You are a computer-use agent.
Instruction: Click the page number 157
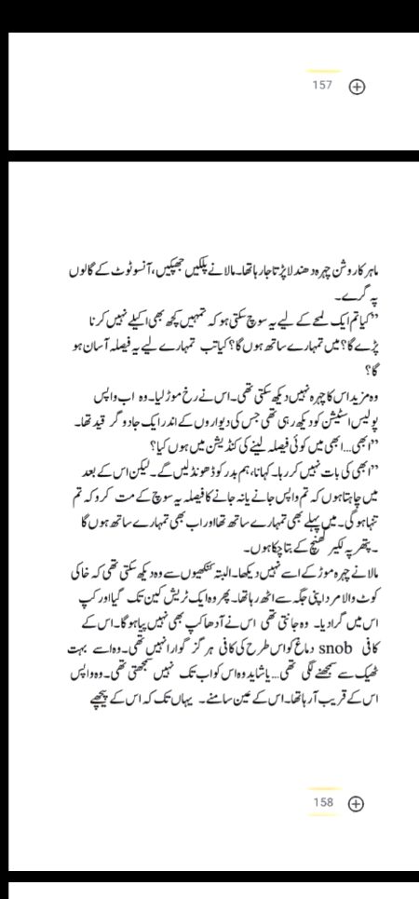tap(322, 86)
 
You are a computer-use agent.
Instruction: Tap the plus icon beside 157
tap(356, 87)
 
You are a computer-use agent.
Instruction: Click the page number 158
tap(322, 802)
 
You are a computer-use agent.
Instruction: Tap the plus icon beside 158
tap(356, 803)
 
